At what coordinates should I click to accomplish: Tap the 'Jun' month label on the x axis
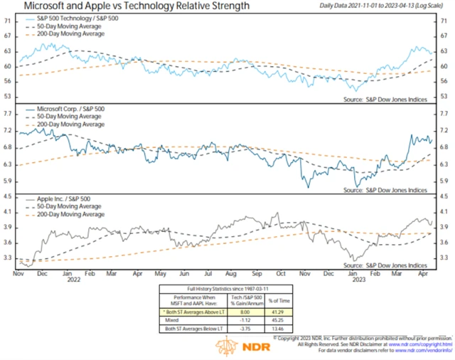(184, 272)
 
